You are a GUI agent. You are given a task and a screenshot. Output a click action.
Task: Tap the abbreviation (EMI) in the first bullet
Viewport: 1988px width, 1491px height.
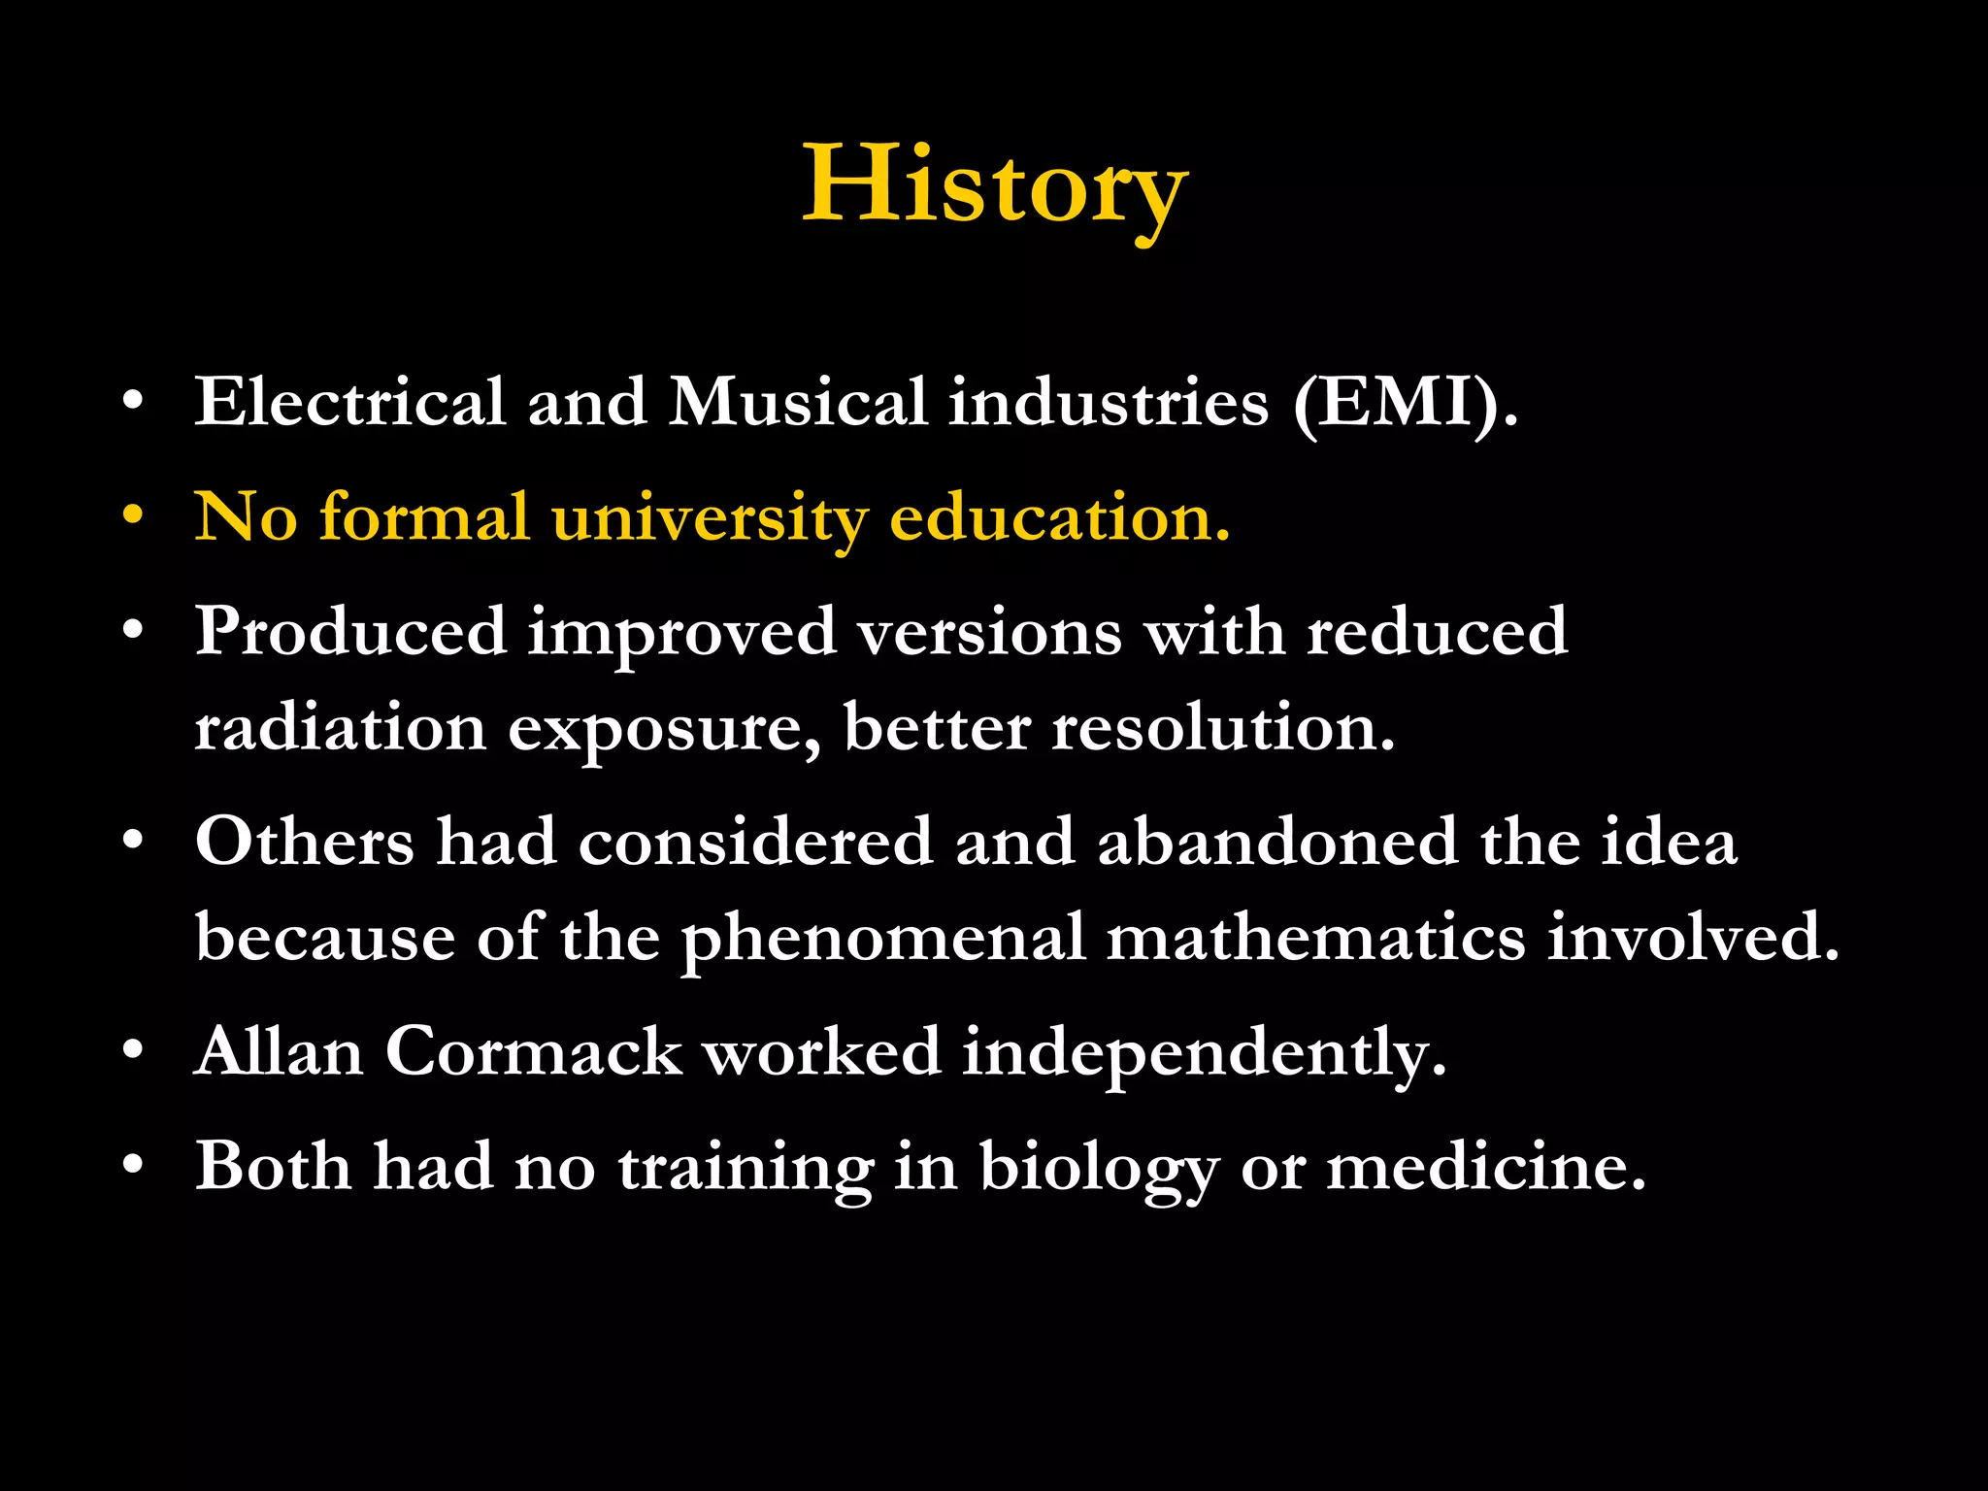tap(1405, 402)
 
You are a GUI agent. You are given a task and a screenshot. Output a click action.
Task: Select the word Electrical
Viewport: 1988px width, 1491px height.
tap(350, 402)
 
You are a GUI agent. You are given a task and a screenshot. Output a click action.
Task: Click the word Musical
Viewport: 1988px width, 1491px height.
tap(797, 402)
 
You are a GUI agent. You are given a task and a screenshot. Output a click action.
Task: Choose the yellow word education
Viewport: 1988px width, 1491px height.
tap(1059, 516)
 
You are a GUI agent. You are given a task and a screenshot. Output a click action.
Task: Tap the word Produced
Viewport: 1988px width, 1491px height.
tap(350, 632)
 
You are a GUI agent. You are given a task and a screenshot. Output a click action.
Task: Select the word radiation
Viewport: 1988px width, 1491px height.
tap(340, 728)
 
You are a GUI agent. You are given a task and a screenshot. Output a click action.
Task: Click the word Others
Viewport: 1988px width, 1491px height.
tap(304, 842)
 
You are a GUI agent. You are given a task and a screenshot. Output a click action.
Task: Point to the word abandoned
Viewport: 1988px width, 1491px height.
tap(1277, 842)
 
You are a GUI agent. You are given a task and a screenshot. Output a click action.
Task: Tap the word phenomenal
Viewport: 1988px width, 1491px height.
tap(882, 940)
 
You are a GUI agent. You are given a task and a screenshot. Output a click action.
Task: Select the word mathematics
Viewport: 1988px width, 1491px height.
tap(1315, 938)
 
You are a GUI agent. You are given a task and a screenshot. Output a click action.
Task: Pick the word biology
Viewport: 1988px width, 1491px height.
tap(1098, 1168)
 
